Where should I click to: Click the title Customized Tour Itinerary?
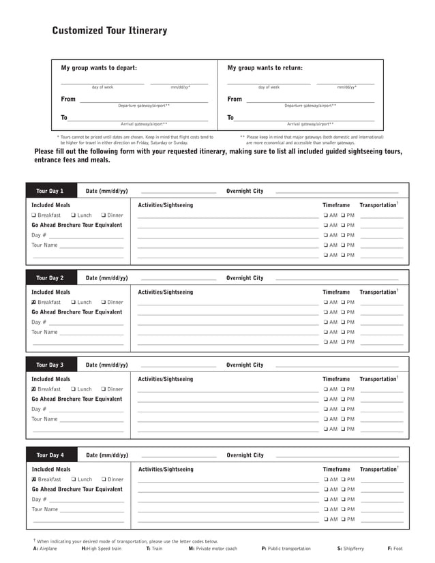point(109,31)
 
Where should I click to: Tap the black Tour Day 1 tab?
point(50,192)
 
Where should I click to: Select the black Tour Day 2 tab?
point(50,278)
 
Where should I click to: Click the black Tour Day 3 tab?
point(50,365)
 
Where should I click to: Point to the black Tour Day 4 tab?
point(50,455)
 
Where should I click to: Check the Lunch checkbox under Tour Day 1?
point(74,215)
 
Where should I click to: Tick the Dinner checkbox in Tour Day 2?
point(104,303)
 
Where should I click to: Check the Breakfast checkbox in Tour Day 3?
point(34,389)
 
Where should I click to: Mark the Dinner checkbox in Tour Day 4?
point(104,480)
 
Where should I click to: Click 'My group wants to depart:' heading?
point(99,68)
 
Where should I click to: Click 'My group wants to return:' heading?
point(265,68)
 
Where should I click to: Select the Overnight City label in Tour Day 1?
point(244,192)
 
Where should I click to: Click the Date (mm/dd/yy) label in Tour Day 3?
point(106,365)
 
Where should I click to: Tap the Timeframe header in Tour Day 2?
point(335,292)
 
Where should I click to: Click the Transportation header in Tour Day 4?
point(378,470)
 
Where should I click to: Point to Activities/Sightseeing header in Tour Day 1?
point(165,205)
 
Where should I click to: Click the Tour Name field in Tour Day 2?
point(91,333)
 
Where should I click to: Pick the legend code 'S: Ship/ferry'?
point(350,549)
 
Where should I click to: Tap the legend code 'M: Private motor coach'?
point(213,549)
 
